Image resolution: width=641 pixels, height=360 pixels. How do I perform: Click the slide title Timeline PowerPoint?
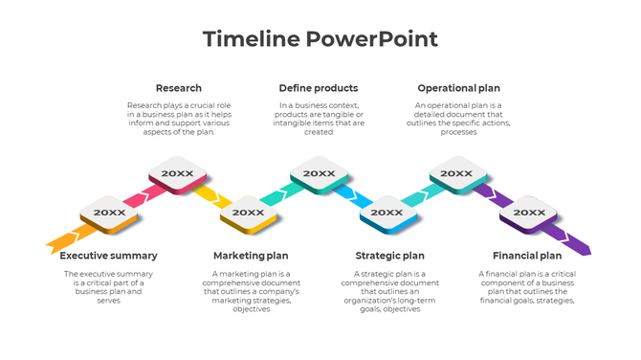(x=320, y=39)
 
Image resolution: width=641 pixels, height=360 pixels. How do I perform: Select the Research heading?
(x=178, y=88)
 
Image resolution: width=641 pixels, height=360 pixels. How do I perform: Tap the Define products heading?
(x=319, y=88)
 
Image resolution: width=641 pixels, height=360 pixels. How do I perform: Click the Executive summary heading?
(x=108, y=256)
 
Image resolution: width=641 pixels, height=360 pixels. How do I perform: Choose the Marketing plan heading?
(x=251, y=256)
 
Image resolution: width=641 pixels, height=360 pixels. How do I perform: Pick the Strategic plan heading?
(x=389, y=256)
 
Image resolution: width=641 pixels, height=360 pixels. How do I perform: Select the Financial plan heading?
(x=527, y=256)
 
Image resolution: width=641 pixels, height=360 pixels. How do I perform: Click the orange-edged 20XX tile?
(x=109, y=214)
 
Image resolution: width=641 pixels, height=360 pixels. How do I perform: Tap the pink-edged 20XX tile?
(x=178, y=174)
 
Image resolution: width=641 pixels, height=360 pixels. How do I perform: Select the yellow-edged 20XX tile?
(x=248, y=214)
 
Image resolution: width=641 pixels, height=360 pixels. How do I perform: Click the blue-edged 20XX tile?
(x=387, y=214)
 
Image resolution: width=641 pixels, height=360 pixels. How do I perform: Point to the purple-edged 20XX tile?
(x=528, y=214)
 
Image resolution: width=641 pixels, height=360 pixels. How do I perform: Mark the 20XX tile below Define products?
(x=319, y=174)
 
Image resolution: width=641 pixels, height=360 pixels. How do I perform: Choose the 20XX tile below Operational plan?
(x=457, y=174)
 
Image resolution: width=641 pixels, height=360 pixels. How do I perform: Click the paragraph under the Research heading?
(x=178, y=118)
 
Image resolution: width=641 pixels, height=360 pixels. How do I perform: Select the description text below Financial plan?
(x=527, y=286)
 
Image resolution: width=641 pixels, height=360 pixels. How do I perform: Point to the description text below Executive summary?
(x=108, y=286)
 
